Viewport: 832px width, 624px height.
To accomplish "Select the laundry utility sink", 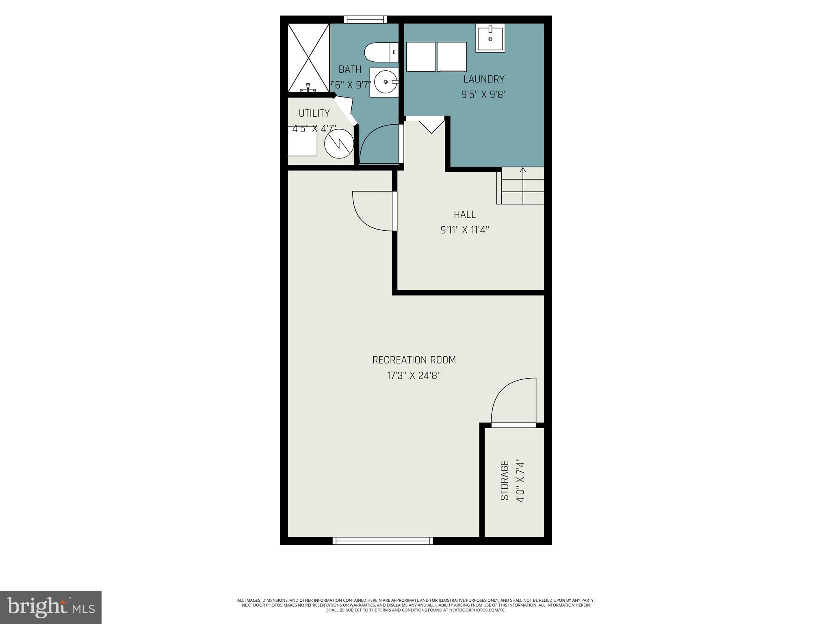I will click(490, 38).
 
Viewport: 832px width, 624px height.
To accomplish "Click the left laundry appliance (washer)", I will click(421, 56).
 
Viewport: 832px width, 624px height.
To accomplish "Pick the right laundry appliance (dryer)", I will click(452, 56).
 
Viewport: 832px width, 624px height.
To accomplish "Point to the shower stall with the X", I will click(308, 58).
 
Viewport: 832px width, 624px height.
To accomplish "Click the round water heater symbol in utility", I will click(339, 143).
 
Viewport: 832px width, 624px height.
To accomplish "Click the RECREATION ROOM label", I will click(414, 360).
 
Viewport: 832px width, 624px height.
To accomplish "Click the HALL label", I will click(465, 214).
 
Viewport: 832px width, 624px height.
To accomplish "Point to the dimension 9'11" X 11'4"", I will click(465, 230).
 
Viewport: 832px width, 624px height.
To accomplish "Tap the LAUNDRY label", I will click(484, 79).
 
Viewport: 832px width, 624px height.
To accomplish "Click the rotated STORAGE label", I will click(505, 480).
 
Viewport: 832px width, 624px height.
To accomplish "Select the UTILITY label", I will click(314, 113).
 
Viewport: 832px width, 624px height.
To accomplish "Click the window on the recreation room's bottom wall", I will click(382, 540).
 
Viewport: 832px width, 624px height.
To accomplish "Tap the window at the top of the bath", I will click(365, 19).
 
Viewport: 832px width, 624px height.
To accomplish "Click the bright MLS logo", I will click(50, 607).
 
